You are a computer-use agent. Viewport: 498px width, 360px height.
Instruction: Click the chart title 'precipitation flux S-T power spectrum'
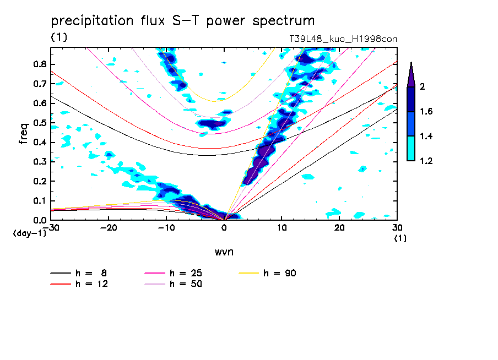[183, 21]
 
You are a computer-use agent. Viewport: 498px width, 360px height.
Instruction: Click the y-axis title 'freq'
[24, 134]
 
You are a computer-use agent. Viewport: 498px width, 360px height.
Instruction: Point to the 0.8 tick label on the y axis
[39, 64]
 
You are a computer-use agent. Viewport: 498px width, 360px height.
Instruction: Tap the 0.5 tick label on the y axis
[39, 123]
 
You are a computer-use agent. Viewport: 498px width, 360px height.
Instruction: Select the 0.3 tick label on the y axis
[39, 162]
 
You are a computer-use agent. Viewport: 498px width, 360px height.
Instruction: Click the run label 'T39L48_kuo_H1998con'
[343, 39]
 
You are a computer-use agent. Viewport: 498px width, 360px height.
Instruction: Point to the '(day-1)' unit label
[29, 233]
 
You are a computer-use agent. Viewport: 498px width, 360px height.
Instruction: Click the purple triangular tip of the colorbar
[410, 74]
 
